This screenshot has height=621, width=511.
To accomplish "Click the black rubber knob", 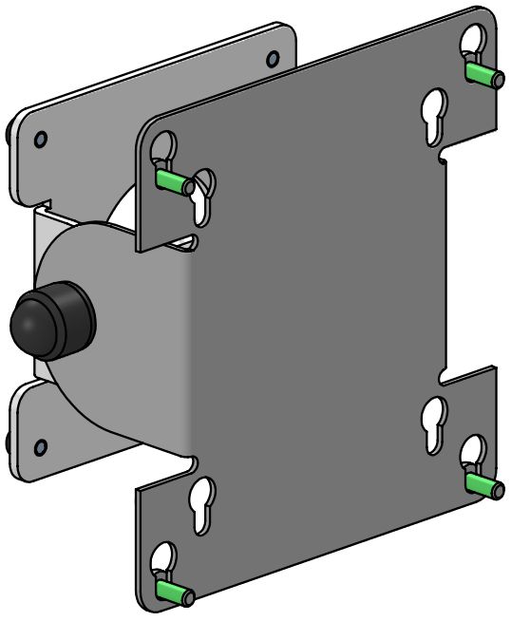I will click(x=52, y=320).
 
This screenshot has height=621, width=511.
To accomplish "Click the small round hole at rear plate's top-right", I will click(x=273, y=59).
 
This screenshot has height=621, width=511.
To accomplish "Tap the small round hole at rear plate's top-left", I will click(x=40, y=140).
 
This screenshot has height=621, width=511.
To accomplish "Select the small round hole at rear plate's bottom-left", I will click(x=40, y=446).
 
